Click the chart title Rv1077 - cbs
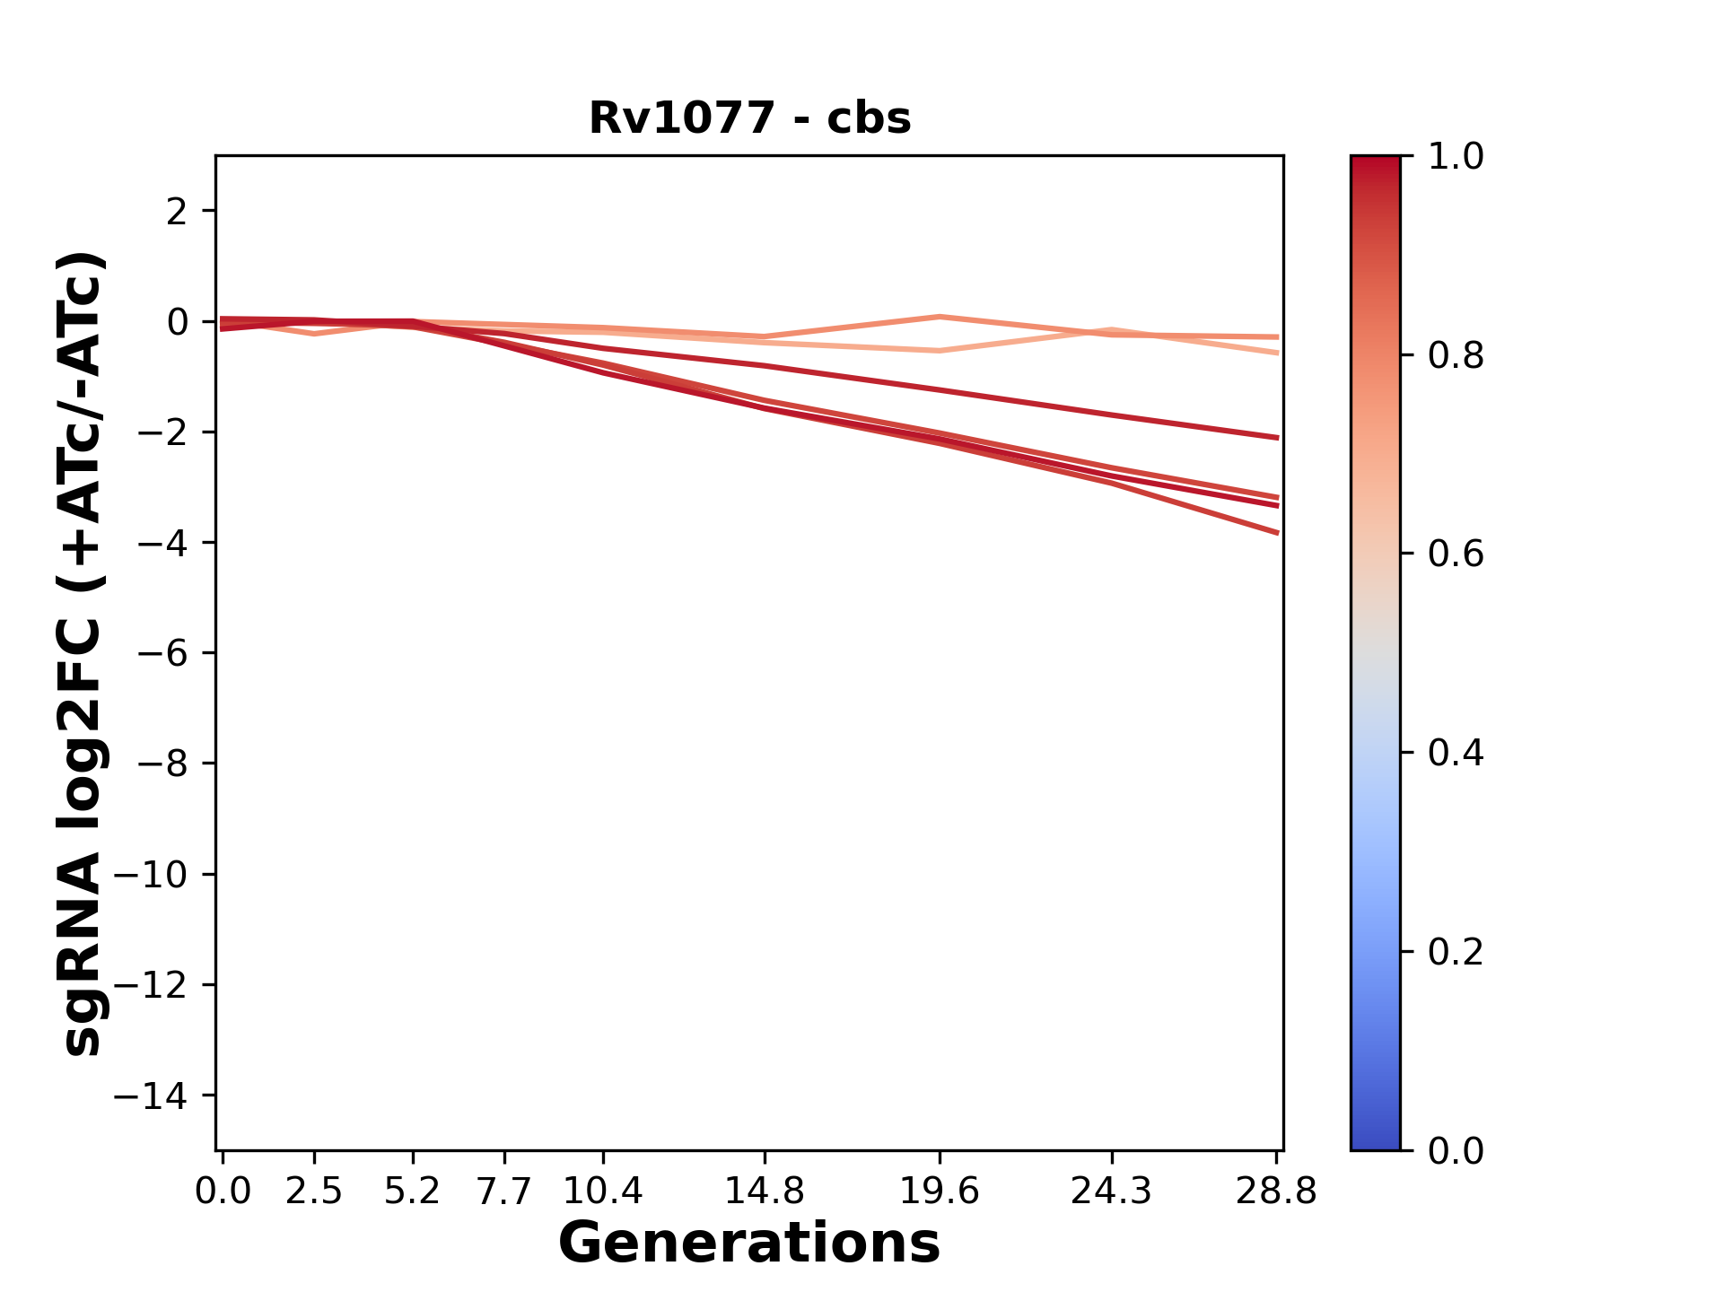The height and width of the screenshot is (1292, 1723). pyautogui.click(x=749, y=118)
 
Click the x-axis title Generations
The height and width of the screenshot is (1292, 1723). pyautogui.click(x=749, y=1244)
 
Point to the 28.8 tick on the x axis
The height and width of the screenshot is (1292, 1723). pyautogui.click(x=1276, y=1192)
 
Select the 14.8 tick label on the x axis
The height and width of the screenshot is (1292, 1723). pyautogui.click(x=764, y=1192)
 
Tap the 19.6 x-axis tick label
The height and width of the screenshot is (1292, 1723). pyautogui.click(x=939, y=1192)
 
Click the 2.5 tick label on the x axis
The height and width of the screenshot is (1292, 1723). pyautogui.click(x=314, y=1192)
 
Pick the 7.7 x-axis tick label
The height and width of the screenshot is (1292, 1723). pyautogui.click(x=504, y=1192)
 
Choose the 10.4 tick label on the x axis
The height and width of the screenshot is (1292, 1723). pyautogui.click(x=603, y=1192)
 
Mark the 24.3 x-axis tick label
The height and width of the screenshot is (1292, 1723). pyautogui.click(x=1111, y=1192)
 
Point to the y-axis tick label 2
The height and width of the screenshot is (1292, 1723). pyautogui.click(x=178, y=212)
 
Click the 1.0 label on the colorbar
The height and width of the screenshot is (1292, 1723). pyautogui.click(x=1456, y=157)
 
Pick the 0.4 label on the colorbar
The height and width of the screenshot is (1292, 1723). pyautogui.click(x=1456, y=753)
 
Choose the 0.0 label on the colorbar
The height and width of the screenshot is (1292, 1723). pyautogui.click(x=1456, y=1150)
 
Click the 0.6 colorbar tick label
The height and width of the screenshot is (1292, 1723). pyautogui.click(x=1456, y=554)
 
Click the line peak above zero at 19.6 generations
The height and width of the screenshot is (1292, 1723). pyautogui.click(x=939, y=317)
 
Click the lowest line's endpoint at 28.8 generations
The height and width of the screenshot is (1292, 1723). pyautogui.click(x=1277, y=533)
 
